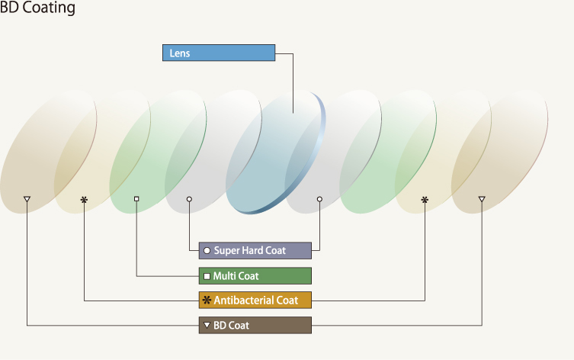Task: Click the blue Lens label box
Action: (219, 53)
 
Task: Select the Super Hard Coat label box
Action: (255, 250)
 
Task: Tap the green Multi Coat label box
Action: (255, 276)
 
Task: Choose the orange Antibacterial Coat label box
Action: (255, 301)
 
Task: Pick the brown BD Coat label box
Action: (255, 325)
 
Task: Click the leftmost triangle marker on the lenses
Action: (27, 199)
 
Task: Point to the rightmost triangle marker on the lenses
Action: (482, 199)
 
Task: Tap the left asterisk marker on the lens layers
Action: (84, 200)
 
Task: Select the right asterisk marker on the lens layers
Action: (425, 200)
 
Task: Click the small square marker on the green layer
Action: (136, 199)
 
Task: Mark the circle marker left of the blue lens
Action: (189, 199)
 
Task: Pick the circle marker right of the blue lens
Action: (319, 199)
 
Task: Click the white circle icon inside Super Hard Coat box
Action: (207, 250)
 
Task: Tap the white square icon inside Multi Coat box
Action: (207, 276)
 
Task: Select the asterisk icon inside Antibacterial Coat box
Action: (207, 301)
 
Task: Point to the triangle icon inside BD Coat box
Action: (207, 325)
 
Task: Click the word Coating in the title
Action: (49, 8)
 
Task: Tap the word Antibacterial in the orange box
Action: (243, 301)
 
